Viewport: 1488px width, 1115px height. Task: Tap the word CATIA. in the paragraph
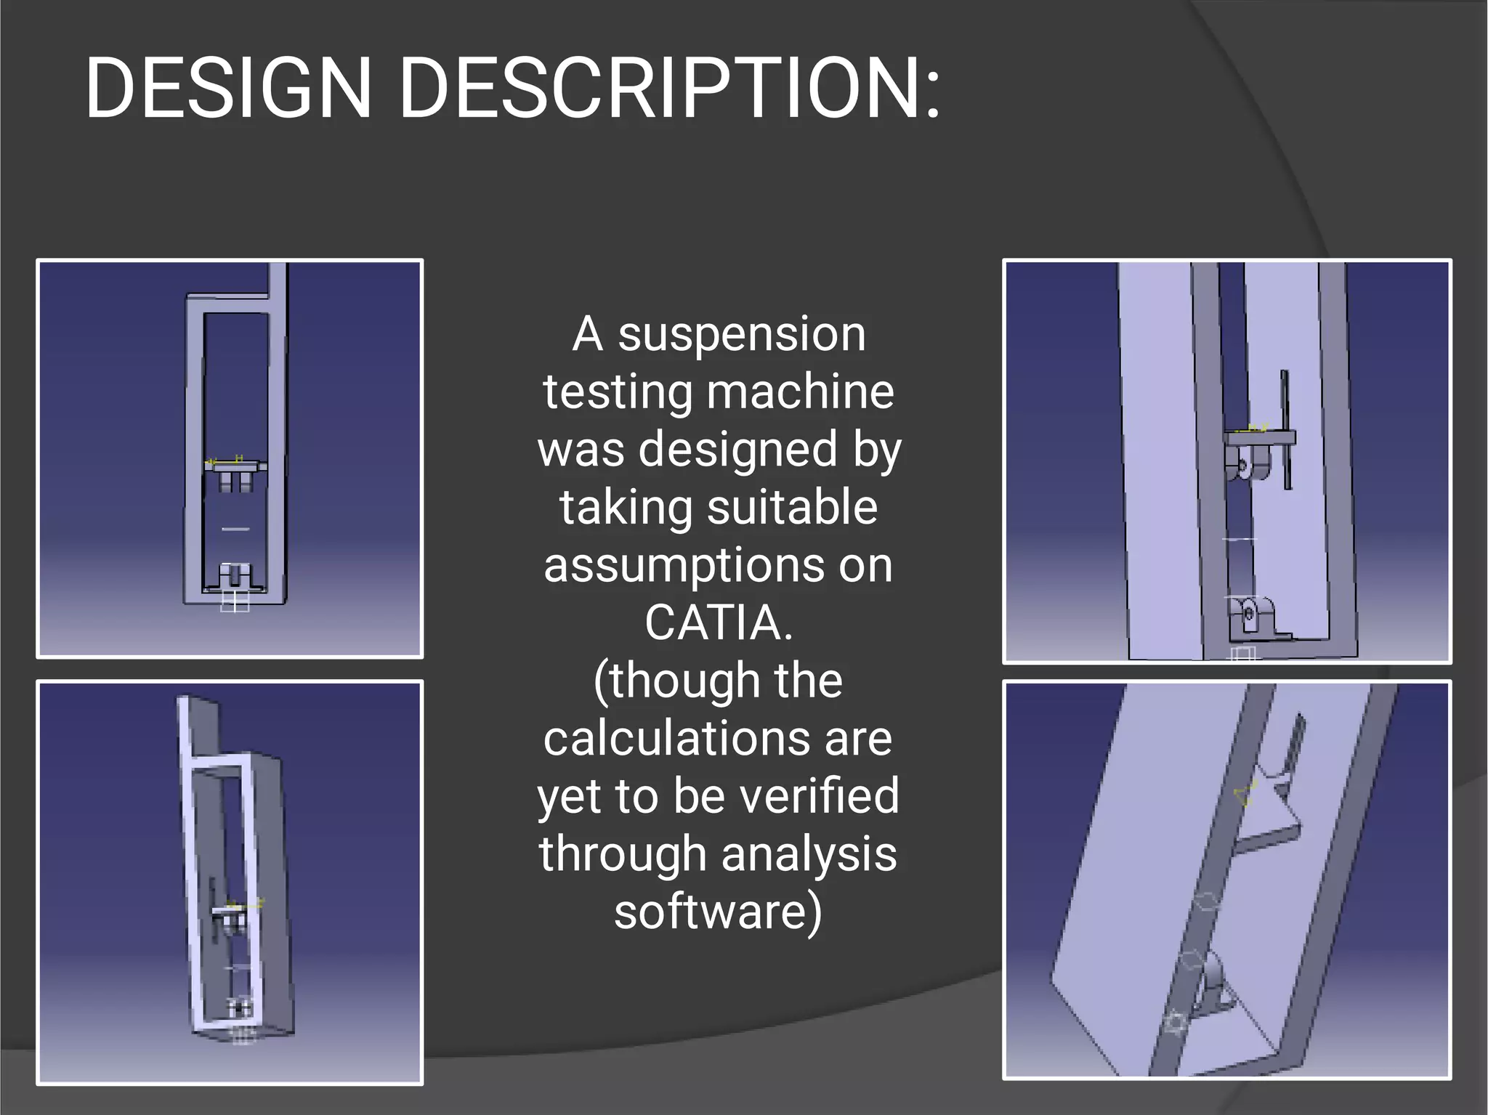(x=718, y=623)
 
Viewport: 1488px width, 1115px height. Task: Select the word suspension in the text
(x=742, y=335)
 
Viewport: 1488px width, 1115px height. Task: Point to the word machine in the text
(x=800, y=392)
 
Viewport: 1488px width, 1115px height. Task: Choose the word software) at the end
(x=718, y=912)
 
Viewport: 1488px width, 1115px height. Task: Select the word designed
(x=737, y=450)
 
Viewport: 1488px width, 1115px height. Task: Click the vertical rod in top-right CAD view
(x=1285, y=429)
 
